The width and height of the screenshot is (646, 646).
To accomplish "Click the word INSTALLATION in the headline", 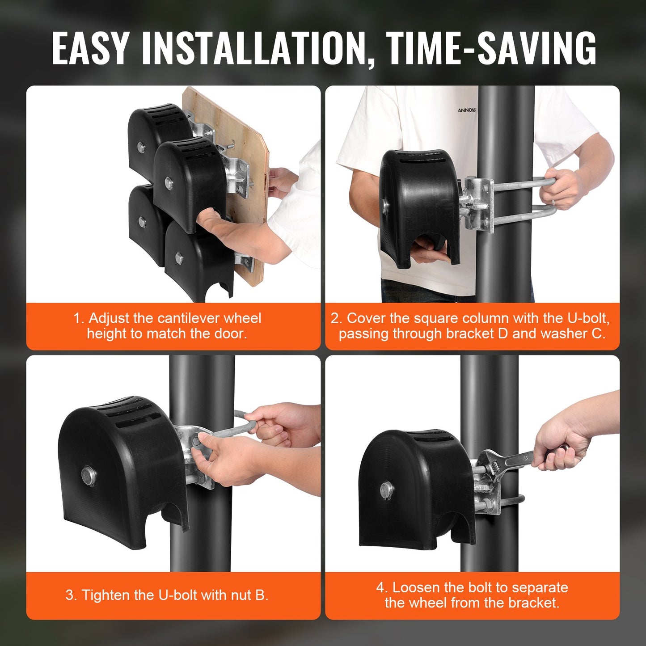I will click(254, 48).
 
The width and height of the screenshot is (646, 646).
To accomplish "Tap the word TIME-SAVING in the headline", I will click(490, 48).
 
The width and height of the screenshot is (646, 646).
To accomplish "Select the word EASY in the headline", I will click(90, 48).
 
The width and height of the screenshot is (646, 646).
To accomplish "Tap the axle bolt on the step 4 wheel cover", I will click(385, 490).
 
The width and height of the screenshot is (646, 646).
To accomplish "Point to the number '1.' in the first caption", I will click(79, 318).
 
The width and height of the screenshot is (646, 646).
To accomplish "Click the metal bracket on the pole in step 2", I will click(477, 203).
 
